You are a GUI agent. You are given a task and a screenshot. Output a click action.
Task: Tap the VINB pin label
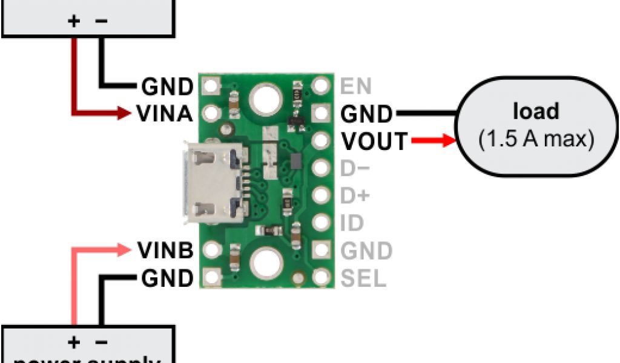(165, 250)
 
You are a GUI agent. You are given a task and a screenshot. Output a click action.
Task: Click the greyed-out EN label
(356, 87)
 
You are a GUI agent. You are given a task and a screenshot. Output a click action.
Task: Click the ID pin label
(352, 223)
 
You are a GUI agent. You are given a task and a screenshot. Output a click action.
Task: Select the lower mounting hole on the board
(265, 263)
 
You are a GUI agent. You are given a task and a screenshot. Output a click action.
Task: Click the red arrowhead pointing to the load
(447, 141)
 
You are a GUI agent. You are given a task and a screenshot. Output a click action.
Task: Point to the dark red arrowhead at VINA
(124, 113)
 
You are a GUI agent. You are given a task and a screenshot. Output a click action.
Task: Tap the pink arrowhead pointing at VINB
(124, 249)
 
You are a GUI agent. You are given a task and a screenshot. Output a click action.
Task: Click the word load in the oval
(536, 112)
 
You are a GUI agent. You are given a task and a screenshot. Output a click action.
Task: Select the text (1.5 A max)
(536, 140)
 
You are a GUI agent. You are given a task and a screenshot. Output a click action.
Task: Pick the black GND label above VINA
(167, 87)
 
